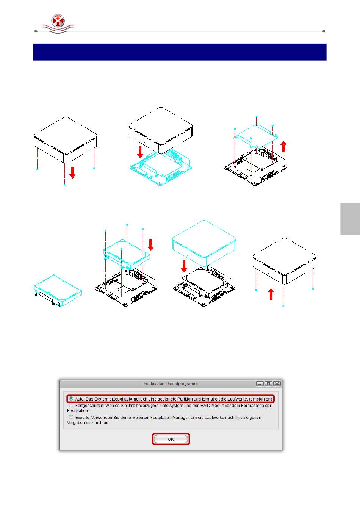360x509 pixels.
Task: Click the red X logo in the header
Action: click(x=58, y=21)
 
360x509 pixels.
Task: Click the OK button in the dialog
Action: click(x=171, y=439)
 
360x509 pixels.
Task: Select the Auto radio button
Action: click(x=71, y=399)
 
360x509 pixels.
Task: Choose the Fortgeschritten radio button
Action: click(x=71, y=405)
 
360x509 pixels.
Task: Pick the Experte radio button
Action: click(x=71, y=417)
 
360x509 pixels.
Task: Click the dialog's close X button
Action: click(x=277, y=384)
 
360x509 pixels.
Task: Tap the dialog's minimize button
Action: click(x=260, y=384)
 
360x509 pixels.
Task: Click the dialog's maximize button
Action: click(x=268, y=384)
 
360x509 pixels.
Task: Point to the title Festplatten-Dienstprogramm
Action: click(x=171, y=384)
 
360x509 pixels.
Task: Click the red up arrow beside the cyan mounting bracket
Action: click(x=283, y=146)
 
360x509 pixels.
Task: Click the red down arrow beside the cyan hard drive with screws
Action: click(x=150, y=245)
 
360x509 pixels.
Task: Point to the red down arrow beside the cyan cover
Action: click(x=184, y=266)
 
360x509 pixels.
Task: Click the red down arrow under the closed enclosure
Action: click(x=72, y=172)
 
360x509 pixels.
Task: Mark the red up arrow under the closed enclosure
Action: click(x=271, y=294)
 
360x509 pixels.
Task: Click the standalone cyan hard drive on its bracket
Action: click(x=58, y=290)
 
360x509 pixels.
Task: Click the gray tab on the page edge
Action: click(x=350, y=219)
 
